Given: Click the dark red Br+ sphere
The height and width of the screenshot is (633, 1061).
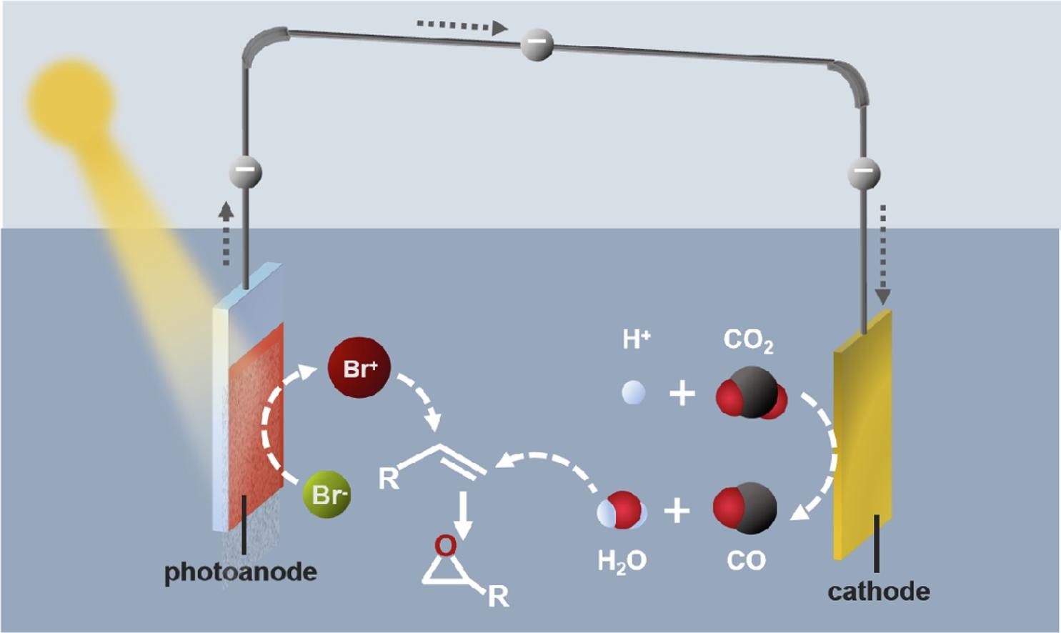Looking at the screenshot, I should [359, 369].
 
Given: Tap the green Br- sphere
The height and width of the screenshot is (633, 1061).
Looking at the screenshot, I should [327, 494].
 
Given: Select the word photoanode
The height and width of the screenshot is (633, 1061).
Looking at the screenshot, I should [241, 572].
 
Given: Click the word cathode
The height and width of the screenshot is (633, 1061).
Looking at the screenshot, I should [879, 592].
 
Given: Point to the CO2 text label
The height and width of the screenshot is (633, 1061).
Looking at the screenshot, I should [748, 340].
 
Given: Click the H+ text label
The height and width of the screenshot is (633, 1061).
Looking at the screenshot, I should [635, 339].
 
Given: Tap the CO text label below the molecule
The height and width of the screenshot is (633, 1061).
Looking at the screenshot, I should [746, 561].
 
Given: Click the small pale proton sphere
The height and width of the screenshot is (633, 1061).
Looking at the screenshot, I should [634, 393].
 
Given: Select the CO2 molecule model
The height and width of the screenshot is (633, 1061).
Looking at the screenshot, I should [751, 393].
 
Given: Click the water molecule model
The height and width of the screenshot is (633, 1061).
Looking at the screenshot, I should [622, 510].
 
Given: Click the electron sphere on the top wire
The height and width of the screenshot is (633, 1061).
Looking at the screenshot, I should [537, 44].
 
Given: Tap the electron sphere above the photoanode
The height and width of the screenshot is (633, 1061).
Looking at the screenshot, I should [245, 172].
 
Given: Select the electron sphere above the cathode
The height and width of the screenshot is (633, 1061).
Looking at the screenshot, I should [864, 173].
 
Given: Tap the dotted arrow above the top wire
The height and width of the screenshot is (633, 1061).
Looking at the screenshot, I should [462, 26].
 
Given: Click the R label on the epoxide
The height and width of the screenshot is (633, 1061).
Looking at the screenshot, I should [498, 597].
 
